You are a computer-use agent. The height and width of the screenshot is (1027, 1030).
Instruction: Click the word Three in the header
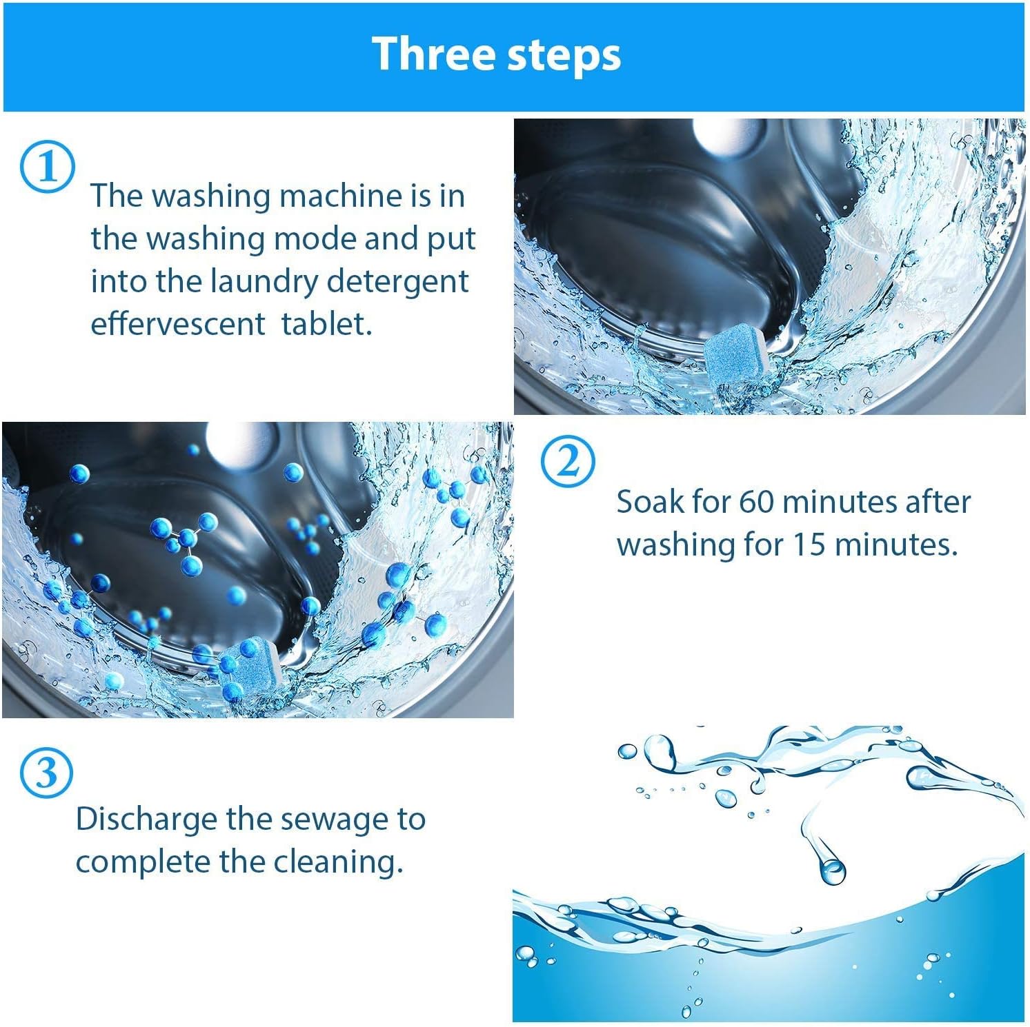433,54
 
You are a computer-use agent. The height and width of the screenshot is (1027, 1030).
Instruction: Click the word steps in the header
564,56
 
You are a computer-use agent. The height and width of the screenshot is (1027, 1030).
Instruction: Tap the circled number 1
47,167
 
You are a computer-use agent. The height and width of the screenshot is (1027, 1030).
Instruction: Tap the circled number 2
568,462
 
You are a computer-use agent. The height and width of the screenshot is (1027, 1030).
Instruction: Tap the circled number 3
46,772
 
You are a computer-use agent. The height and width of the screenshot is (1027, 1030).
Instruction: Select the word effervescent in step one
177,323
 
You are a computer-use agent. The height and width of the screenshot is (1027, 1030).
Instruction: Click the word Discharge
146,819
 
